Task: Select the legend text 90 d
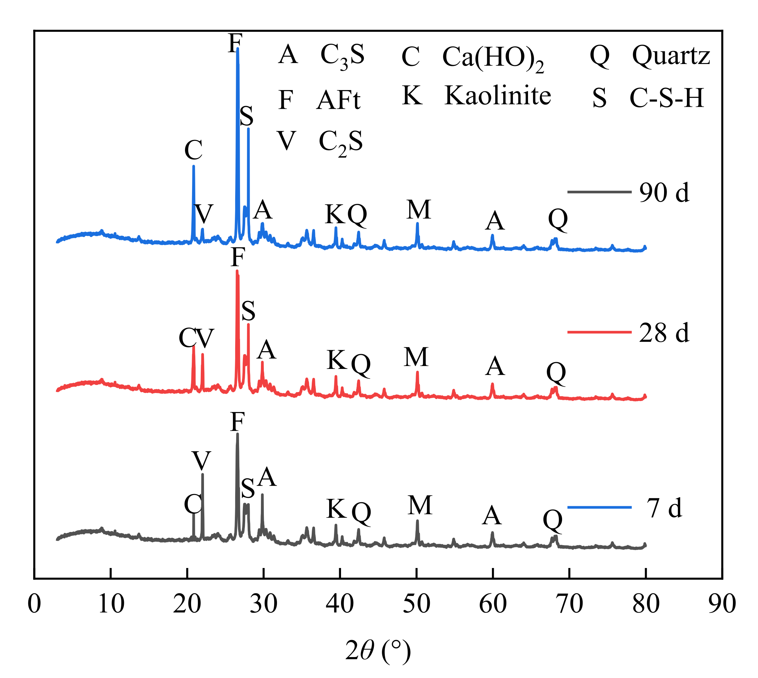click(664, 193)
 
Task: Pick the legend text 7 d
click(664, 508)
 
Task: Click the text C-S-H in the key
click(667, 98)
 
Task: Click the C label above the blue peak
click(193, 150)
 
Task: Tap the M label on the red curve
click(416, 357)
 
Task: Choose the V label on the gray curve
click(202, 461)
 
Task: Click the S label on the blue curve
click(246, 116)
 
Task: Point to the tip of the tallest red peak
click(237, 271)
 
